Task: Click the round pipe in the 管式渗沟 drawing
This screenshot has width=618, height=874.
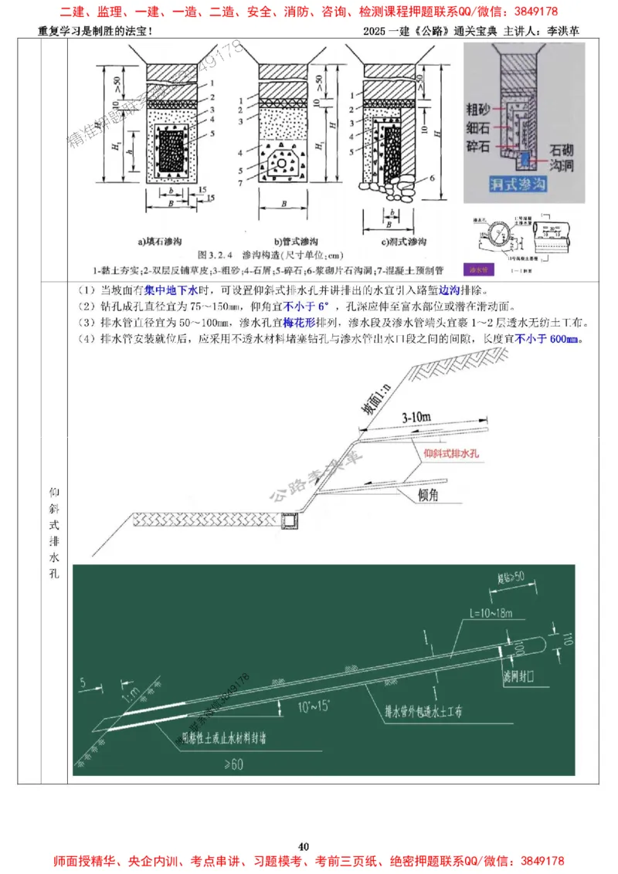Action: point(282,164)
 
